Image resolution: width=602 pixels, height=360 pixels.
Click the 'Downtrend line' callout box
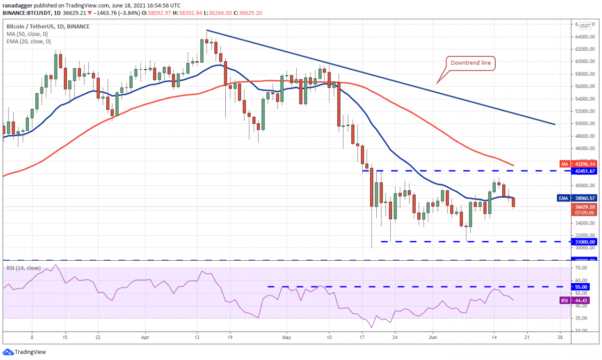click(x=470, y=63)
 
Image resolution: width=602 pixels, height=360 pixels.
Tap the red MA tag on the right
click(x=565, y=164)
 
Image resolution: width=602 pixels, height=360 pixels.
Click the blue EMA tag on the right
click(x=564, y=199)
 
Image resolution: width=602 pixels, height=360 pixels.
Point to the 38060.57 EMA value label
click(x=586, y=199)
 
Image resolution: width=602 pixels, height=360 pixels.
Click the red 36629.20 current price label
click(x=586, y=206)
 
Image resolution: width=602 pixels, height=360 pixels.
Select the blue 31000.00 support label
click(x=586, y=242)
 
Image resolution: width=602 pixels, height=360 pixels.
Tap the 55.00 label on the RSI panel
click(x=582, y=287)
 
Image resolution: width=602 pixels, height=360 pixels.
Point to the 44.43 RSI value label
click(x=582, y=300)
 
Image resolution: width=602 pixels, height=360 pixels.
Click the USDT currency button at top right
click(x=585, y=26)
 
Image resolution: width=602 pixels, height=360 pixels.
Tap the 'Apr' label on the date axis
click(x=145, y=337)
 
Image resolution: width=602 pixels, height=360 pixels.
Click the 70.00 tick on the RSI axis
click(x=581, y=268)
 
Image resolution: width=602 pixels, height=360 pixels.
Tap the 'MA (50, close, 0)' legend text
click(x=28, y=34)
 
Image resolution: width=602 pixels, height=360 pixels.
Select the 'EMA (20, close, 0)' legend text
click(x=29, y=42)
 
